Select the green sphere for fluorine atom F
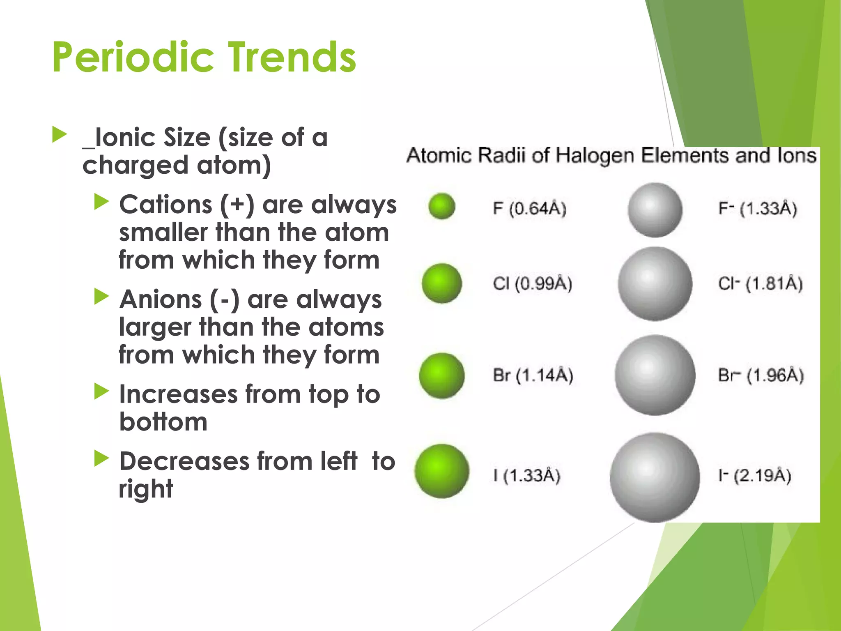(x=441, y=206)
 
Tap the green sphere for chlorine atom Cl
(x=442, y=283)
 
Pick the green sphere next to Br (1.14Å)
(x=442, y=375)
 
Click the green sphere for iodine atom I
(x=442, y=471)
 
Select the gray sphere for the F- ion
(x=655, y=210)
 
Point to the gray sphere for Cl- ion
(x=655, y=284)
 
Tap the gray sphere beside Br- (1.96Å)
(x=655, y=375)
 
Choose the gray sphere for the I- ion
(x=655, y=477)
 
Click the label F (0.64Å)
(x=529, y=209)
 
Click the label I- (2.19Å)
(x=755, y=476)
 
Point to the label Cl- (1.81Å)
(x=760, y=283)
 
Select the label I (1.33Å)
(x=527, y=476)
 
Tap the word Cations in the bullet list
(x=165, y=205)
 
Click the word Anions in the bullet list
(x=161, y=299)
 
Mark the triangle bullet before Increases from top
(x=101, y=391)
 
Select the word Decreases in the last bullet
(x=184, y=461)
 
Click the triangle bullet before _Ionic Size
(x=60, y=135)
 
